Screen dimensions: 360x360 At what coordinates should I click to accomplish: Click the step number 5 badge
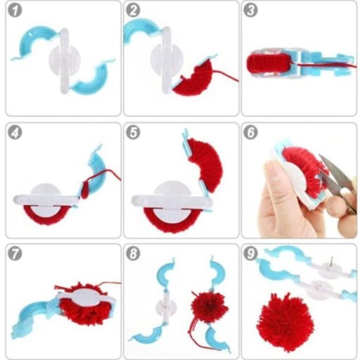133,131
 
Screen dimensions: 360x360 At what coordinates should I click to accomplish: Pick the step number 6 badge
251,131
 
